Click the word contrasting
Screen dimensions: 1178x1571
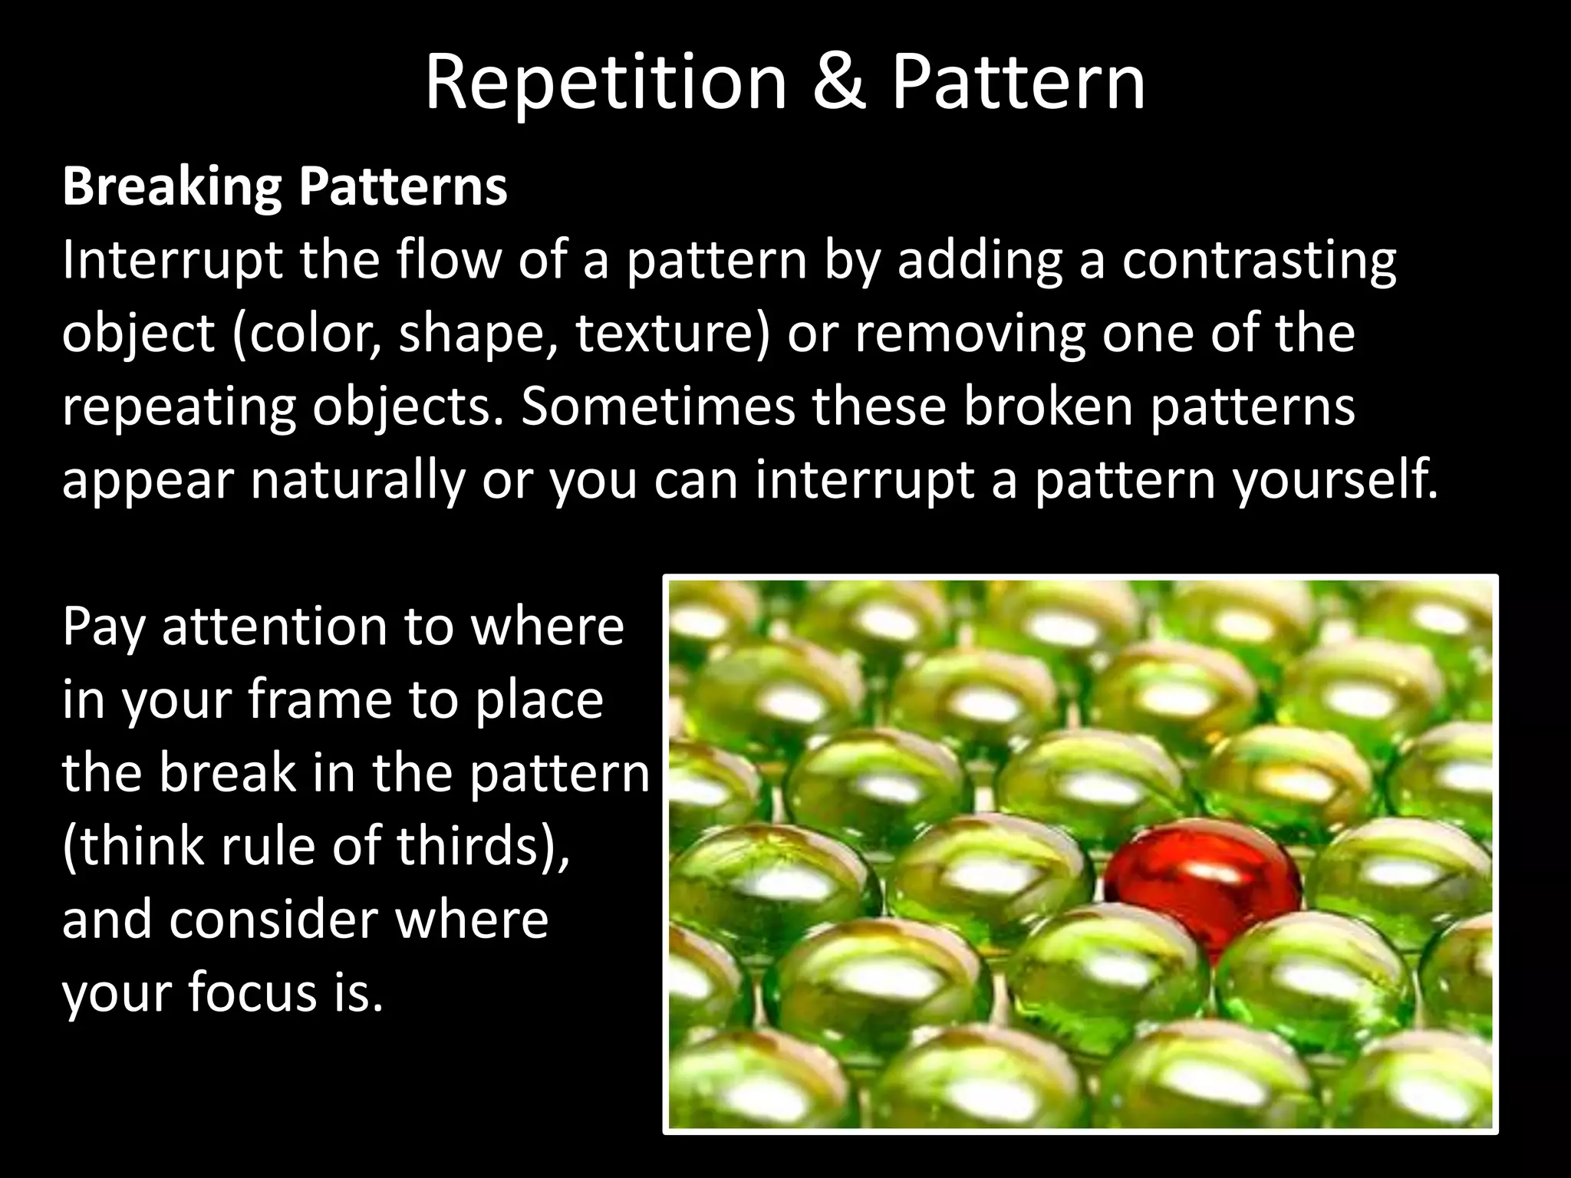pos(1259,261)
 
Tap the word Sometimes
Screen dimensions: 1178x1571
pos(658,406)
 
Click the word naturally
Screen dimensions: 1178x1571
pos(358,480)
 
